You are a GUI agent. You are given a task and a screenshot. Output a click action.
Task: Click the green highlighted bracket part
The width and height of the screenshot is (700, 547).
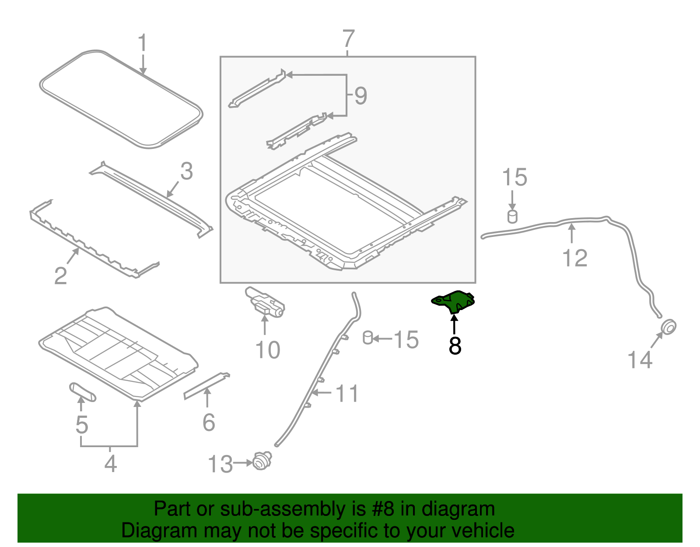click(x=455, y=301)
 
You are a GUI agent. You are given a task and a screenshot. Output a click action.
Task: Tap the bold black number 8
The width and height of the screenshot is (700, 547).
click(x=455, y=346)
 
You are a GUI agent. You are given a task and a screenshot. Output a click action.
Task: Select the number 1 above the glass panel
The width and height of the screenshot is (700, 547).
click(x=142, y=44)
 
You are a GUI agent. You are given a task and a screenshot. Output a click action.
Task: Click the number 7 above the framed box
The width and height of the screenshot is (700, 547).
click(x=348, y=39)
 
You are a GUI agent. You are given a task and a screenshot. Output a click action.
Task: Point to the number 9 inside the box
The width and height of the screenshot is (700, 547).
click(x=360, y=95)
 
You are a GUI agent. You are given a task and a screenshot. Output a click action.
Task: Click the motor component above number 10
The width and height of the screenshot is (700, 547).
click(x=265, y=302)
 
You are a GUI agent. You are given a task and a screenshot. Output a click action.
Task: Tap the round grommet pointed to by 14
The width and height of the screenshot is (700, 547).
click(x=668, y=327)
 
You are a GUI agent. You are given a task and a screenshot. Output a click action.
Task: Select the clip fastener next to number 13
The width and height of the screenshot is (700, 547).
click(x=262, y=462)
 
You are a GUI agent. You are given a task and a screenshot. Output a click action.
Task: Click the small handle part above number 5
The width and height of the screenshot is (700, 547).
click(x=82, y=391)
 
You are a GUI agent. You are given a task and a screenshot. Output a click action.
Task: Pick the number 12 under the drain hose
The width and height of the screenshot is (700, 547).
click(x=574, y=258)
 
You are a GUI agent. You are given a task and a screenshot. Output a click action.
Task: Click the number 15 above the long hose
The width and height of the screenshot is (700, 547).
click(x=514, y=177)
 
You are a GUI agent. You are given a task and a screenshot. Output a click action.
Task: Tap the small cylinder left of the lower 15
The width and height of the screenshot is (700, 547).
click(x=368, y=338)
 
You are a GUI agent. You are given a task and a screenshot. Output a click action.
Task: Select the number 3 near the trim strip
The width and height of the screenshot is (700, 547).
click(x=186, y=171)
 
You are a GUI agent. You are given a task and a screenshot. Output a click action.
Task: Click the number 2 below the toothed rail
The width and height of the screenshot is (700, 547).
click(x=60, y=275)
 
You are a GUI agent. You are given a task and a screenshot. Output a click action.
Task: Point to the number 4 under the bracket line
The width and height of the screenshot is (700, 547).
click(x=110, y=463)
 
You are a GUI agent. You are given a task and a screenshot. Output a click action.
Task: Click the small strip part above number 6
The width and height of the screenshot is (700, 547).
click(x=206, y=385)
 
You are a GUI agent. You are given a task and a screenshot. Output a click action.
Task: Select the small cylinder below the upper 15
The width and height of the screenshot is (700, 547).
click(x=512, y=216)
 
